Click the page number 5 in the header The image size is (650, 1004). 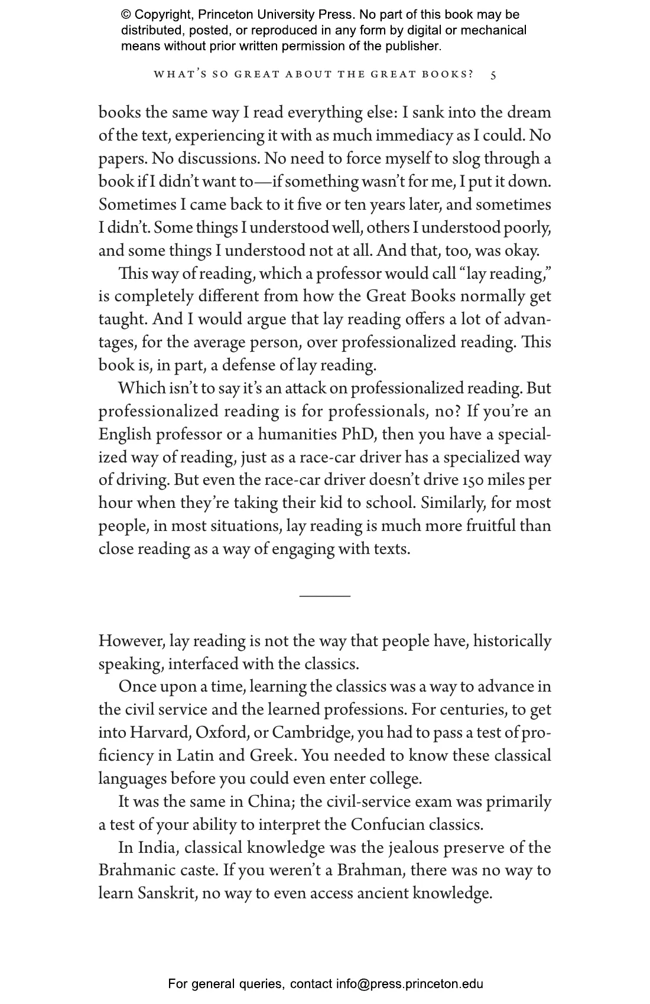pos(493,75)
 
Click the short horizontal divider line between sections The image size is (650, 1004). pos(324,596)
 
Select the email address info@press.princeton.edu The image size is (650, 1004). pos(409,984)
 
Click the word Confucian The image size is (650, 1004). pos(387,825)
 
